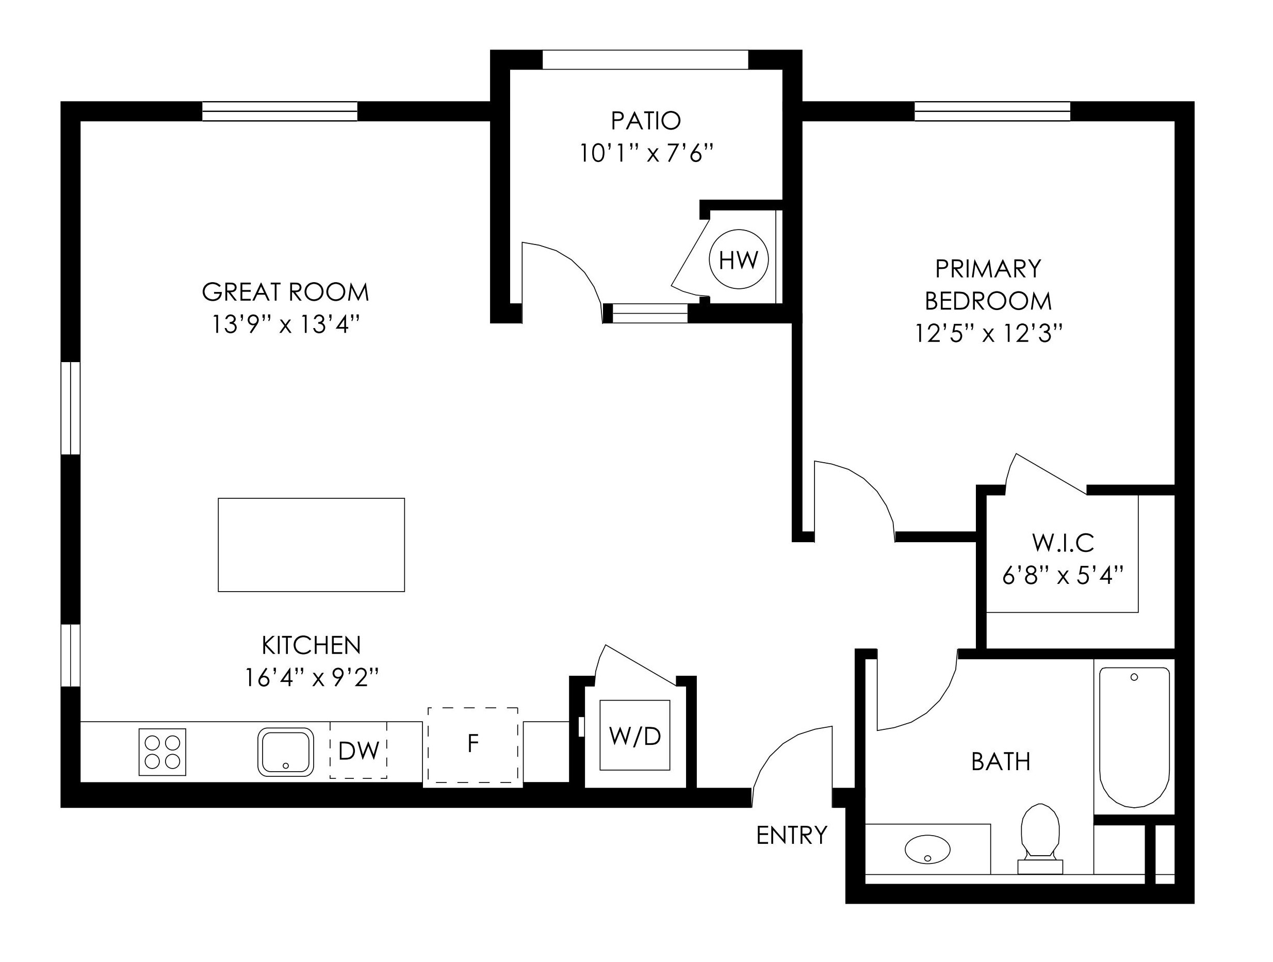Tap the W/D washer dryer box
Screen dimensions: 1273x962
coord(635,736)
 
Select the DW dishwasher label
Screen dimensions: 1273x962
coord(358,751)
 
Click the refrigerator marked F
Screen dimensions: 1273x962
coord(473,745)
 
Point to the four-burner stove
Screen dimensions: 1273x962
coord(162,752)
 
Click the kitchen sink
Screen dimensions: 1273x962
coord(285,752)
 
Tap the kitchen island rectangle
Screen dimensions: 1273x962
coord(312,545)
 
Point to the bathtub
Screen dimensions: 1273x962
coord(1134,737)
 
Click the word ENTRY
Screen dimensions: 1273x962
coord(791,836)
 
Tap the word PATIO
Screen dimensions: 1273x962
coord(646,121)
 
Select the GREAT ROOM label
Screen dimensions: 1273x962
coord(285,292)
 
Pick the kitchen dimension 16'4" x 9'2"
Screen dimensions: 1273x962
coord(312,678)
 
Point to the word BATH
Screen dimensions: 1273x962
coord(1001,762)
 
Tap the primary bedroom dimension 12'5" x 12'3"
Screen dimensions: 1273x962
coord(988,333)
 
